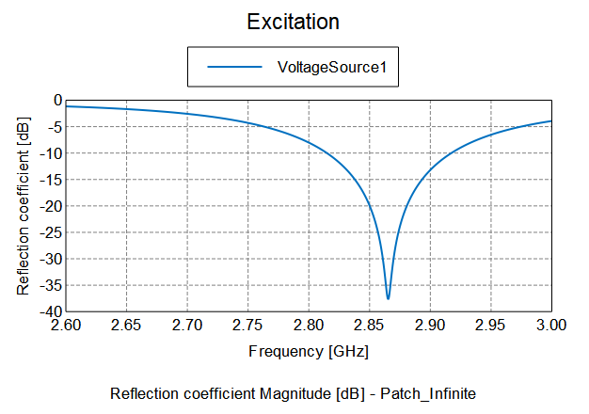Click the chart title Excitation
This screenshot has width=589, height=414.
pyautogui.click(x=293, y=22)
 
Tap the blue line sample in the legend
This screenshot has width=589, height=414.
pyautogui.click(x=233, y=67)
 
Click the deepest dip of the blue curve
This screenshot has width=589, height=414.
pyautogui.click(x=388, y=298)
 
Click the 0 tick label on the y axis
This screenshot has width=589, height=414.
pyautogui.click(x=57, y=100)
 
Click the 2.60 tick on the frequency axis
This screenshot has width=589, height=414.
pyautogui.click(x=66, y=326)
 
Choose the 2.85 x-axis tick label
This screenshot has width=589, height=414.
pyautogui.click(x=369, y=326)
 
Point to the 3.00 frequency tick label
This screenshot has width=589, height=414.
pyautogui.click(x=550, y=326)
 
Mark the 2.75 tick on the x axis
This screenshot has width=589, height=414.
pyautogui.click(x=247, y=326)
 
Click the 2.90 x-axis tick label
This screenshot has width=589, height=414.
pyautogui.click(x=429, y=326)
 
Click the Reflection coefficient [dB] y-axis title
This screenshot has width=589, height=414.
pyautogui.click(x=24, y=206)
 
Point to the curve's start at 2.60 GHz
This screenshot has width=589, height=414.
pyautogui.click(x=67, y=106)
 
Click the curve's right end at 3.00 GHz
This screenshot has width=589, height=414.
pyautogui.click(x=550, y=120)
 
